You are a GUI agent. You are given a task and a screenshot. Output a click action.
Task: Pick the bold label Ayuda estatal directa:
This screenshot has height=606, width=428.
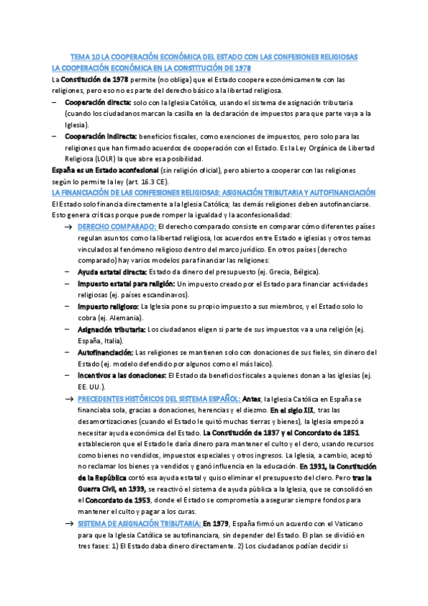[113, 272]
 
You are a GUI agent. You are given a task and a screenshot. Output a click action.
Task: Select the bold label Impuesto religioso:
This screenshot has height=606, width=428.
[107, 307]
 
